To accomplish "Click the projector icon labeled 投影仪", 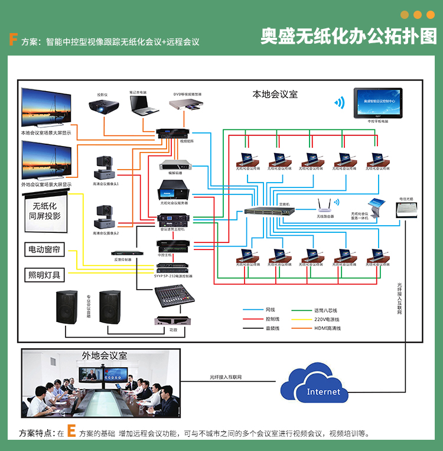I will [x=104, y=107].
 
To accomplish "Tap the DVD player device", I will [x=188, y=105].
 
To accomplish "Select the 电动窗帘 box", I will [x=44, y=249].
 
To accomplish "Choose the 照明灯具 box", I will [x=44, y=275].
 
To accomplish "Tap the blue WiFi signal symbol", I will [x=339, y=102].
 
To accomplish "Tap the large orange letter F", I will [x=12, y=40].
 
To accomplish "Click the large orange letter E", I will [x=71, y=431].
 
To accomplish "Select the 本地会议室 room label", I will [x=275, y=94].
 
